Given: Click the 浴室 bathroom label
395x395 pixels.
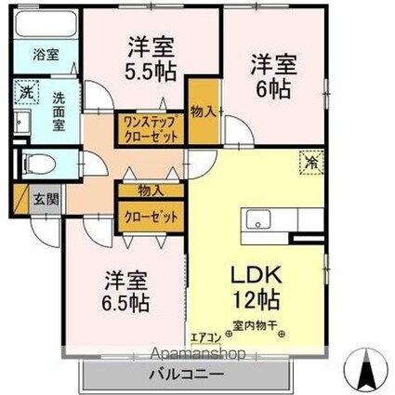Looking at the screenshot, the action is pyautogui.click(x=46, y=55).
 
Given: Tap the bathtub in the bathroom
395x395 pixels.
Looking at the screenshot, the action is pyautogui.click(x=46, y=24).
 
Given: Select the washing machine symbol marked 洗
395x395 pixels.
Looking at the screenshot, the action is pyautogui.click(x=27, y=92).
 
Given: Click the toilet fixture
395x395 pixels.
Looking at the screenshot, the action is pyautogui.click(x=38, y=164).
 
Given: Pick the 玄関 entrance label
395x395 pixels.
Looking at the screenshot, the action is pyautogui.click(x=46, y=200).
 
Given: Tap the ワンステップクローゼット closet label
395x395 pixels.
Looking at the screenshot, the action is pyautogui.click(x=151, y=128).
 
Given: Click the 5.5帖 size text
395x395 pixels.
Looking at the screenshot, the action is pyautogui.click(x=151, y=72).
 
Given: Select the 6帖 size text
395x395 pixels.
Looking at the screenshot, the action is pyautogui.click(x=273, y=89).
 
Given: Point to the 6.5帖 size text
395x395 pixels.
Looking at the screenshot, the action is pyautogui.click(x=125, y=303).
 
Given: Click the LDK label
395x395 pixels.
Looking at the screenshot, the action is pyautogui.click(x=257, y=274).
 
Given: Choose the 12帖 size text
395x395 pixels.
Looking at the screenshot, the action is pyautogui.click(x=257, y=299).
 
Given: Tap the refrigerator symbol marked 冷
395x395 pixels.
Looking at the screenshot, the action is pyautogui.click(x=311, y=163).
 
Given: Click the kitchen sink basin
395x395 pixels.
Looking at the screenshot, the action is pyautogui.click(x=258, y=218).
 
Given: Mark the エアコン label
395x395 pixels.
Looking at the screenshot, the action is pyautogui.click(x=206, y=337).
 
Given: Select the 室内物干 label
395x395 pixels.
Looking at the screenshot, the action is pyautogui.click(x=255, y=326).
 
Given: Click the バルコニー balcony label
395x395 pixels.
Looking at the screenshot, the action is pyautogui.click(x=187, y=375).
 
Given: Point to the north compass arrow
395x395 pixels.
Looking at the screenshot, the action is pyautogui.click(x=367, y=367).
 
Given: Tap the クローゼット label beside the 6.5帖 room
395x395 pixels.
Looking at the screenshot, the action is pyautogui.click(x=151, y=217).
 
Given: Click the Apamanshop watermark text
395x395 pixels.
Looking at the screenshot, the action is pyautogui.click(x=200, y=353).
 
